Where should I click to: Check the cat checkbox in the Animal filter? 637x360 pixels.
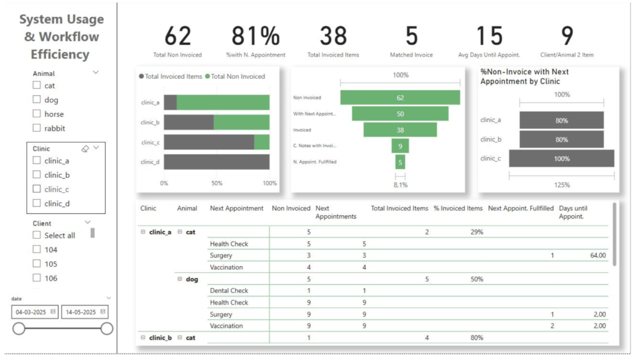point(37,85)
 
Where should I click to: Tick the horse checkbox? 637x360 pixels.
point(37,114)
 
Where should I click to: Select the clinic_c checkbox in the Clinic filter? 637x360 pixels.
point(37,189)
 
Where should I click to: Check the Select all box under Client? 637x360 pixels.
point(37,235)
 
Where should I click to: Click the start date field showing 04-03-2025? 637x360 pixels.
point(35,312)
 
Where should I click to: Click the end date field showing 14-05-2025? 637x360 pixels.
point(85,312)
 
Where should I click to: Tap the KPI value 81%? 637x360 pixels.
point(256,37)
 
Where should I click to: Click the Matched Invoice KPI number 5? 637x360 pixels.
point(411,37)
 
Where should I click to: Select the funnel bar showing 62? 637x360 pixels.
point(400,98)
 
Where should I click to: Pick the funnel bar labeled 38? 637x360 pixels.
point(400,130)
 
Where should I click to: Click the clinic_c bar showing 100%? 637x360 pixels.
point(562,159)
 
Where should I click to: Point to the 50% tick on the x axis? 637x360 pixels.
point(218,183)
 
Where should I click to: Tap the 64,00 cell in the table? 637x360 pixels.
point(597,256)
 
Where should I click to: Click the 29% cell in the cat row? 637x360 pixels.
point(477,232)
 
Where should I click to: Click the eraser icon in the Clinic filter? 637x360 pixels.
point(85,149)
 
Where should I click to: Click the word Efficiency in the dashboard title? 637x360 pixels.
point(60,54)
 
